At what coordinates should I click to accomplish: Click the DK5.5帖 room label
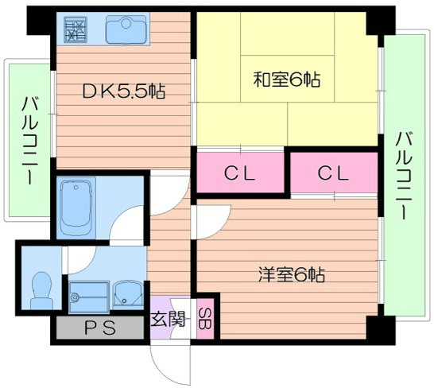click(x=124, y=91)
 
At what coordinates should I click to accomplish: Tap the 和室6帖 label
click(x=287, y=80)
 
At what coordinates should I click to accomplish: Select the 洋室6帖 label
click(x=292, y=274)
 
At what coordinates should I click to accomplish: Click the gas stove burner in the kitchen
click(x=76, y=29)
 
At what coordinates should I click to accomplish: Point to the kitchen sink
click(x=126, y=29)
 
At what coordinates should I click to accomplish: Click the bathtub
click(x=76, y=208)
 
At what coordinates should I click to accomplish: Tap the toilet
click(x=42, y=291)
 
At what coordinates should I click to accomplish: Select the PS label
click(x=100, y=328)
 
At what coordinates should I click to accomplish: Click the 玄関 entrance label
click(x=168, y=319)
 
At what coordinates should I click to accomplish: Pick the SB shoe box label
click(x=205, y=319)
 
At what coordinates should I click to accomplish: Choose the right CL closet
click(x=333, y=173)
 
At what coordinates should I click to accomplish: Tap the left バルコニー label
click(x=29, y=141)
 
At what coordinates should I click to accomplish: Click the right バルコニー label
click(x=404, y=177)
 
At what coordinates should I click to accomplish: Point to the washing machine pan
click(x=89, y=297)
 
